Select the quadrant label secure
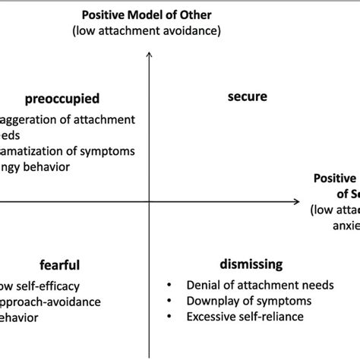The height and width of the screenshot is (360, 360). click(x=248, y=97)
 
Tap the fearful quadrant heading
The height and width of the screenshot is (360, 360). click(x=59, y=265)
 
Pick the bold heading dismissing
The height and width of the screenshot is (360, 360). click(x=251, y=264)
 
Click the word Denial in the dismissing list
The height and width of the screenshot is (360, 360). click(x=203, y=286)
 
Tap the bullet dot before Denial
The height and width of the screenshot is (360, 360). click(x=169, y=286)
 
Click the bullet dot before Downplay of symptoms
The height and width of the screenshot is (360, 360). click(x=169, y=301)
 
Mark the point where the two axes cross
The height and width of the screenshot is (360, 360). click(x=149, y=202)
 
